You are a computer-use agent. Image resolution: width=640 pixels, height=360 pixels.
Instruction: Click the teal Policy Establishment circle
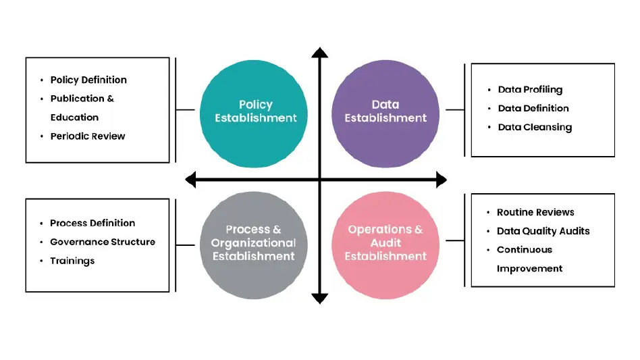point(255,111)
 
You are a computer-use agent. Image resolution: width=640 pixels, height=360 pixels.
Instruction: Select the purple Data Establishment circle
point(385,111)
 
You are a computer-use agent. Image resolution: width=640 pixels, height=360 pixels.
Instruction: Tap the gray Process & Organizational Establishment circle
point(255,242)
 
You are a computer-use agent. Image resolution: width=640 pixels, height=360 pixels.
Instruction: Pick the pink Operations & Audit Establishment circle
point(385,242)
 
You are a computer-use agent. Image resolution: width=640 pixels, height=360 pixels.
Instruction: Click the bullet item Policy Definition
point(88,80)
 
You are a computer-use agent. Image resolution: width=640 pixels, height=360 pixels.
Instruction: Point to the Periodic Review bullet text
point(88,136)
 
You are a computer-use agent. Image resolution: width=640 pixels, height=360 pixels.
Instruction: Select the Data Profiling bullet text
point(530,89)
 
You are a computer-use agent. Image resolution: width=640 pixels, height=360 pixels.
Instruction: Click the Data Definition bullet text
point(533,108)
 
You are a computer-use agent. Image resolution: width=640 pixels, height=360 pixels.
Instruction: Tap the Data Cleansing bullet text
point(535,127)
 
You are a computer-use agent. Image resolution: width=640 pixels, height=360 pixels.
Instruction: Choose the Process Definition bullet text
point(92,223)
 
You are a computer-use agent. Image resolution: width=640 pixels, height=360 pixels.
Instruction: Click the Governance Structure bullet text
point(103,242)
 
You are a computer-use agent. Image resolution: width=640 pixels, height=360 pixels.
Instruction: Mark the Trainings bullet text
point(72,261)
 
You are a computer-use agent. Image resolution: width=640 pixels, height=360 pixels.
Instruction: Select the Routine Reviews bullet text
point(535,212)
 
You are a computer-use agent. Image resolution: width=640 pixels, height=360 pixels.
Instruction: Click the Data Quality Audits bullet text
point(543,231)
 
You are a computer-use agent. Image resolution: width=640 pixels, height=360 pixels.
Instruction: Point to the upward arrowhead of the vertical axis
point(320,53)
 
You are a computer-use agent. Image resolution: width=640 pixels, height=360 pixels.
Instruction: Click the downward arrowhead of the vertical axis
point(320,298)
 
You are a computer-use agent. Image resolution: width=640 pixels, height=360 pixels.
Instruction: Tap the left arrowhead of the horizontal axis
point(190,180)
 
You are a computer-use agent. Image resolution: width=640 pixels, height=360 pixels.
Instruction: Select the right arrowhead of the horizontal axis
point(442,180)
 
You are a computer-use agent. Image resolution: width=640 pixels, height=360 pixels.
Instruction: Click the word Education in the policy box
point(74,117)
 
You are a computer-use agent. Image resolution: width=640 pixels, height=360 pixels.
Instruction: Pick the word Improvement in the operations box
point(529,268)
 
